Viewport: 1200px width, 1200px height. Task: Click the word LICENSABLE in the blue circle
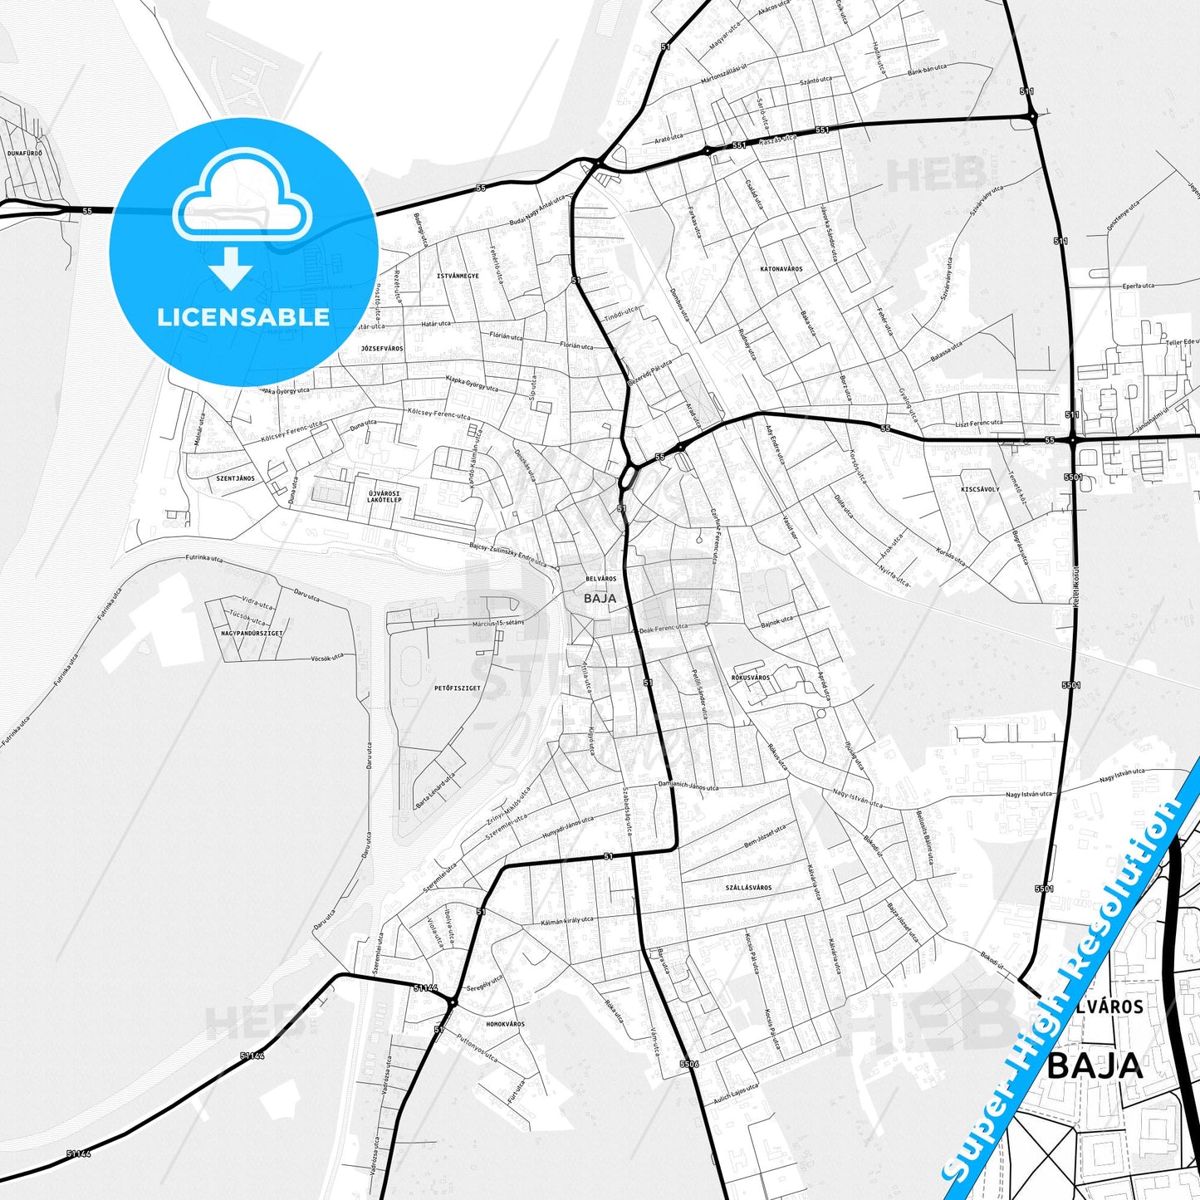point(243,316)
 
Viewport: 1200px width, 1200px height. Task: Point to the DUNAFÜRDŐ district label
point(24,153)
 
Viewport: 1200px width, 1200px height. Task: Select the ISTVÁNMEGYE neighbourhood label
point(458,276)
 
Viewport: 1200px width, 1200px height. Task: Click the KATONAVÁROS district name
point(781,269)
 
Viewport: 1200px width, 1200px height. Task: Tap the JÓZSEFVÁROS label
point(382,348)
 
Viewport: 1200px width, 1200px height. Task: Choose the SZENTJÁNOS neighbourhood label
point(235,478)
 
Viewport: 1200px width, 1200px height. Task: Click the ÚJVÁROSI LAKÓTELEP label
point(384,497)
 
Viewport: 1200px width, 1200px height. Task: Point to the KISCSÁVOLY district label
point(980,489)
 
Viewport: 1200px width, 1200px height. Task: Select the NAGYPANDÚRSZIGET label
point(252,633)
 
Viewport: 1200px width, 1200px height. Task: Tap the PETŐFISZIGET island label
point(457,688)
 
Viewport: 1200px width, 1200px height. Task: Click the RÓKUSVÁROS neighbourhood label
point(751,678)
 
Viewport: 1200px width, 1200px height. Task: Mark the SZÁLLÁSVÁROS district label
point(748,887)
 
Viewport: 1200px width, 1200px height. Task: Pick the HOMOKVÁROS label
point(505,1024)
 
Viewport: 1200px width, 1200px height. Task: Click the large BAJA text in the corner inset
point(1095,1065)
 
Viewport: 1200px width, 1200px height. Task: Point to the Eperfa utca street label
point(1138,286)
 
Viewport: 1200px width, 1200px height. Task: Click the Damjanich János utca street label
point(688,786)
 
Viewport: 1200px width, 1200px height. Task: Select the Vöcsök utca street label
point(326,657)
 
